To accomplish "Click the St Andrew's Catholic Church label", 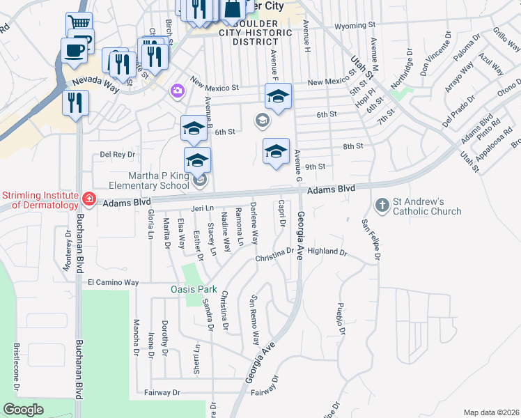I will [x=428, y=206].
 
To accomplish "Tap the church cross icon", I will [x=382, y=206].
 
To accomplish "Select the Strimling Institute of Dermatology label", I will [x=41, y=199].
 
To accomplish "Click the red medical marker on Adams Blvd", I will [x=88, y=200].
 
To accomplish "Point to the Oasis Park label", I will [x=194, y=289].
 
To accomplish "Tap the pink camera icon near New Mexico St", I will [x=177, y=91].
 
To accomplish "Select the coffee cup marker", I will [x=75, y=49].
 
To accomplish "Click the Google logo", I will [x=23, y=410].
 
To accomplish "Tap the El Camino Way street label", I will [x=114, y=283].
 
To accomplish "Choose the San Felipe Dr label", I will [x=370, y=241].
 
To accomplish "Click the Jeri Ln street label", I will [x=202, y=208].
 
